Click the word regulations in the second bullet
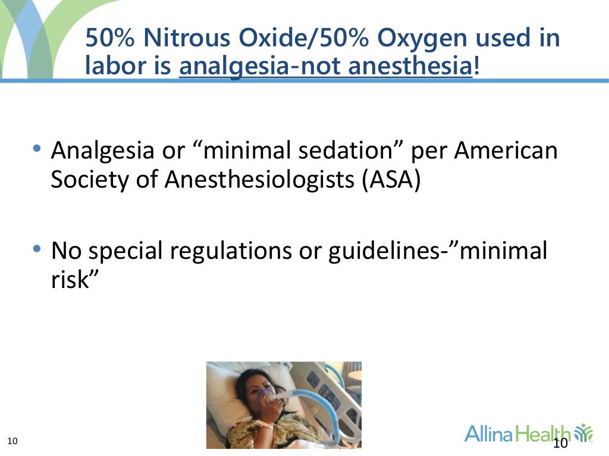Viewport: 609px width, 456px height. click(x=250, y=251)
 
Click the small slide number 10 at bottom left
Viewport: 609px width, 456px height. click(x=12, y=441)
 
